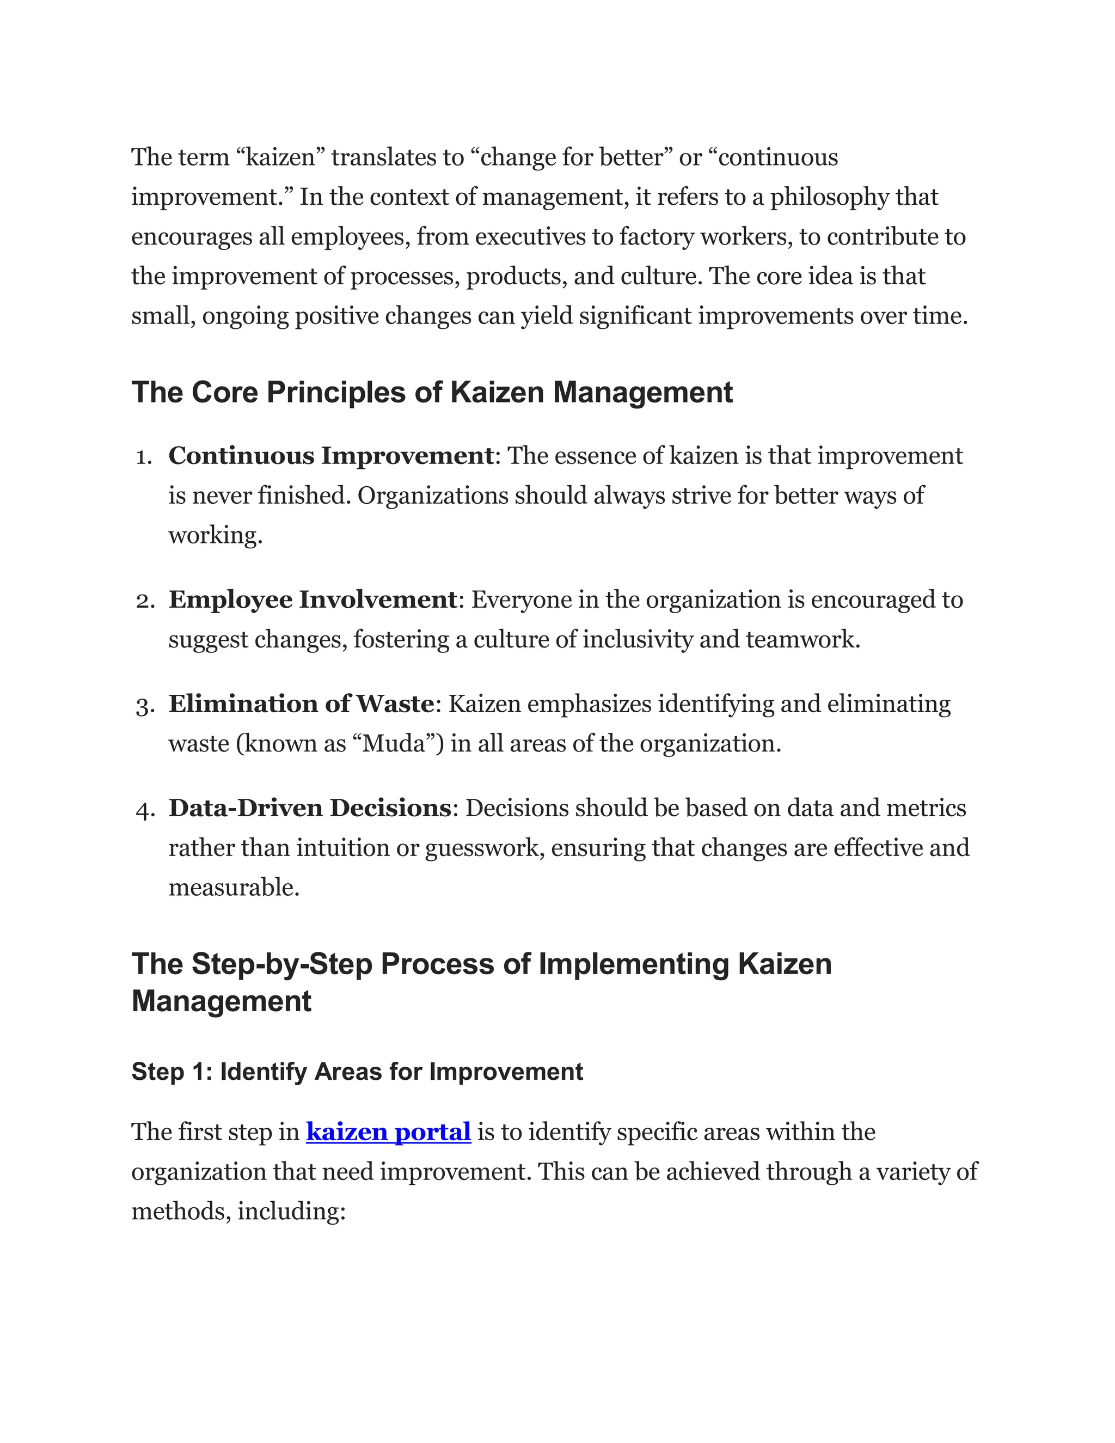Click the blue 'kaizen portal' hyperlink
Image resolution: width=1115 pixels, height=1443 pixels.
point(388,1132)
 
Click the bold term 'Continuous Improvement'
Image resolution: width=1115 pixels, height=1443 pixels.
point(330,456)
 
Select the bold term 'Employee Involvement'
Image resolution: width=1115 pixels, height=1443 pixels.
point(313,600)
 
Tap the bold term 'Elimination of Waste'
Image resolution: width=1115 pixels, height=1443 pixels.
point(301,704)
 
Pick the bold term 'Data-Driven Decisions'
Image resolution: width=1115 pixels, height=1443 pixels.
point(309,808)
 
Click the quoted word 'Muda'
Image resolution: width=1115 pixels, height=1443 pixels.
point(394,744)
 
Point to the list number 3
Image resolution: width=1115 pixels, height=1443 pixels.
point(144,706)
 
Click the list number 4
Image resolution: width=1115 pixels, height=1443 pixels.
point(144,809)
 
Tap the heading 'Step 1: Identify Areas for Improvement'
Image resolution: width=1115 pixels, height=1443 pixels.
point(357,1072)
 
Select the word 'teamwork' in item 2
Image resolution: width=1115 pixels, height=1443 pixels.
point(802,640)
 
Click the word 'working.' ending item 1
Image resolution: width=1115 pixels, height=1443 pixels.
point(216,535)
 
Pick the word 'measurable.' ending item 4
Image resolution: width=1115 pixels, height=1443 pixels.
point(234,888)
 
